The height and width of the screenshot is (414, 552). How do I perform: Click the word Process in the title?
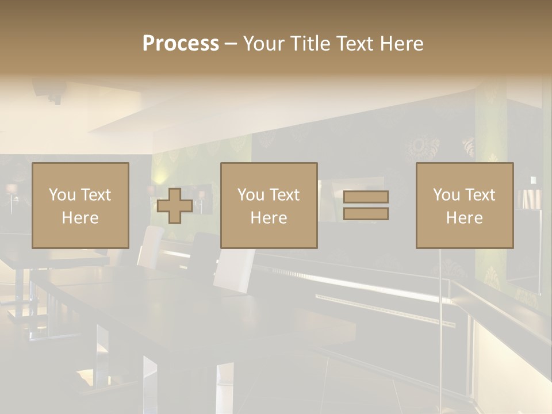(181, 44)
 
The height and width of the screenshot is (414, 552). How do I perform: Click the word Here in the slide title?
(403, 44)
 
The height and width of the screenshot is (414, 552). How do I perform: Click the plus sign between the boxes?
(175, 206)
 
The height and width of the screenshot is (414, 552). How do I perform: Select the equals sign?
(366, 205)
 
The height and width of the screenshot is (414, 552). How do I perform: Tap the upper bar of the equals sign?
(366, 197)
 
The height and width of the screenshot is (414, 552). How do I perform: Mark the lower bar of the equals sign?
(366, 214)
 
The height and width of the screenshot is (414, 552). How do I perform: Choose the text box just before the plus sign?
(80, 206)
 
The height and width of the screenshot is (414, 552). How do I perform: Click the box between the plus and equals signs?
(269, 206)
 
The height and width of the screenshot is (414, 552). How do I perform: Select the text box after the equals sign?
(465, 206)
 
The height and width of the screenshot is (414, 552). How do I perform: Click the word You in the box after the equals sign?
(446, 195)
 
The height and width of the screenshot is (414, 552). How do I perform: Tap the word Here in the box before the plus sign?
(80, 218)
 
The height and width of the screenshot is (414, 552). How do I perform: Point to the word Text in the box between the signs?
(285, 195)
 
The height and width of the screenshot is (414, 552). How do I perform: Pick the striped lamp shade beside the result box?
(528, 198)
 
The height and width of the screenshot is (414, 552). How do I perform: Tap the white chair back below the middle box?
(235, 267)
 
